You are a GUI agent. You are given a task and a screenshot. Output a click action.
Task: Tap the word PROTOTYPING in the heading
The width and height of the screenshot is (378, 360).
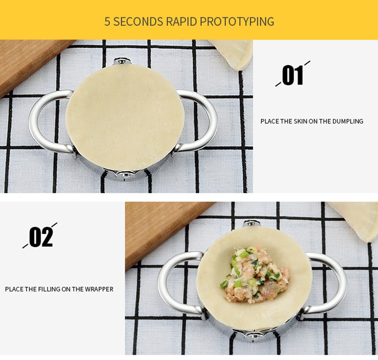(x=237, y=21)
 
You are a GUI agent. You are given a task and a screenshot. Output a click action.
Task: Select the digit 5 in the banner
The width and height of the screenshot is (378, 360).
(x=107, y=21)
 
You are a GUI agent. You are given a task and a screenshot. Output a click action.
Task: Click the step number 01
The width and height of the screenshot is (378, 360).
(x=292, y=75)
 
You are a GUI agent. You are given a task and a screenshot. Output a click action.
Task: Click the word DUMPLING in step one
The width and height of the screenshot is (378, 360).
(x=348, y=121)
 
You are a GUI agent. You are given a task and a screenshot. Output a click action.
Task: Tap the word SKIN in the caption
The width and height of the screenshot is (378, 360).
(x=300, y=121)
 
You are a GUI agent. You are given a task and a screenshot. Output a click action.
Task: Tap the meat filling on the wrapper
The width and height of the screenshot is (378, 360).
(x=255, y=274)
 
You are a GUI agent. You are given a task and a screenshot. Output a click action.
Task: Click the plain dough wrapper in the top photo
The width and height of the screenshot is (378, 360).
(x=125, y=117)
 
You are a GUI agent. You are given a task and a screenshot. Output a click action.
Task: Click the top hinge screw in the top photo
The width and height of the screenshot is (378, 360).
(x=122, y=61)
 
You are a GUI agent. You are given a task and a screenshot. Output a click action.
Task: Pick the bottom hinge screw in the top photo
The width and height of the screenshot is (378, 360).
(x=125, y=175)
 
